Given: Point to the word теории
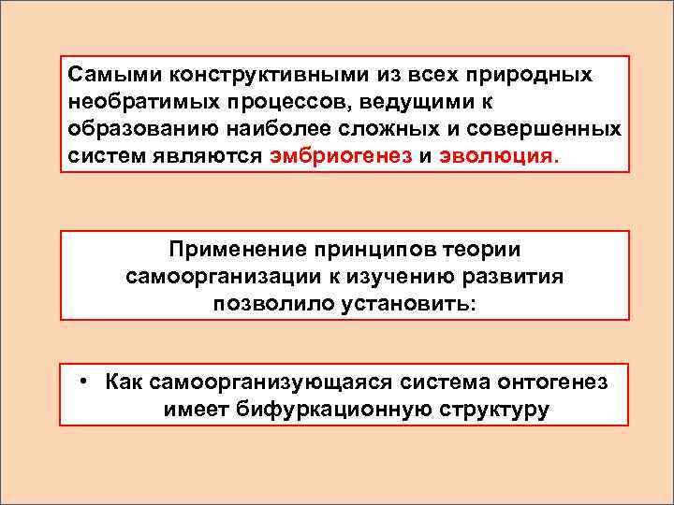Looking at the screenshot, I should click(x=484, y=250).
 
